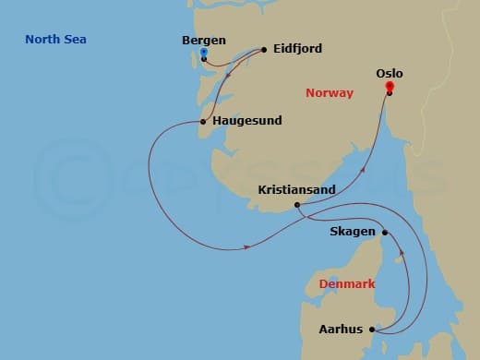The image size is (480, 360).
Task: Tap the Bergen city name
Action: click(204, 42)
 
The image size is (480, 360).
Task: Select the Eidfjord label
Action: click(298, 49)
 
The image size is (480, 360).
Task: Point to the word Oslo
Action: click(390, 73)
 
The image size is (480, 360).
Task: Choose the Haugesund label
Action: click(246, 120)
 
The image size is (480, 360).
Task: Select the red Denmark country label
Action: click(346, 284)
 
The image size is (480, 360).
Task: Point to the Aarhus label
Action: click(341, 329)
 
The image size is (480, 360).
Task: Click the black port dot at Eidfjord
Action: click(264, 49)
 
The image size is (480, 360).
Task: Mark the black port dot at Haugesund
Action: click(203, 121)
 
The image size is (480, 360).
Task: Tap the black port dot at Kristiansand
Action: click(296, 205)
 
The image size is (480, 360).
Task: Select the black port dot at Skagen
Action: click(384, 233)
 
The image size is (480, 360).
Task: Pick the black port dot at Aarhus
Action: click(371, 329)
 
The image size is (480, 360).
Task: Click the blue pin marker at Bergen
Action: click(203, 54)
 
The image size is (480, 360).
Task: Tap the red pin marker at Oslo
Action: click(390, 87)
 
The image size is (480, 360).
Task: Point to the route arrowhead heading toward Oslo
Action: click(363, 170)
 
